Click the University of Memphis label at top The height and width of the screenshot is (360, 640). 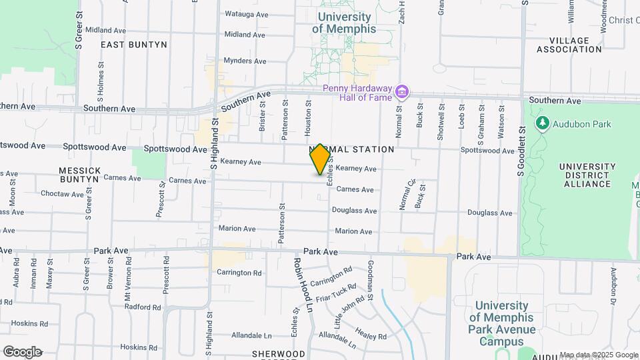[343, 23]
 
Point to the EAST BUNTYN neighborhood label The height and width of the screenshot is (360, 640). [134, 45]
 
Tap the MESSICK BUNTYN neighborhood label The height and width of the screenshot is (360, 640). [80, 175]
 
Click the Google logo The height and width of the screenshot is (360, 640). [22, 352]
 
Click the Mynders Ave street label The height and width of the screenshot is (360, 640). [245, 61]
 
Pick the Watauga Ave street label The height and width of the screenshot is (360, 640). [246, 13]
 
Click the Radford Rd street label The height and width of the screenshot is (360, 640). [143, 307]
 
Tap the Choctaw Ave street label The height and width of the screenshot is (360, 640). [61, 194]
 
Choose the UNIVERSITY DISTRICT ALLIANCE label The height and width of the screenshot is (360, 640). [587, 175]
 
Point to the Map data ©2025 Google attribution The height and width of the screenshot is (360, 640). [598, 355]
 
